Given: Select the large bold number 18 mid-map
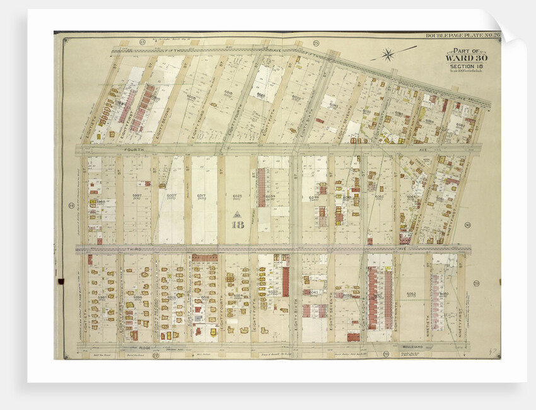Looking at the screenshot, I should (238, 224).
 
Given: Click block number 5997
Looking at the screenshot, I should (136, 196).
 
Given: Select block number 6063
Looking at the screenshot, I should (411, 294).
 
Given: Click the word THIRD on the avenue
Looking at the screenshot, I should (146, 249).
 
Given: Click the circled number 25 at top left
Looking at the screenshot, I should (143, 42).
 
